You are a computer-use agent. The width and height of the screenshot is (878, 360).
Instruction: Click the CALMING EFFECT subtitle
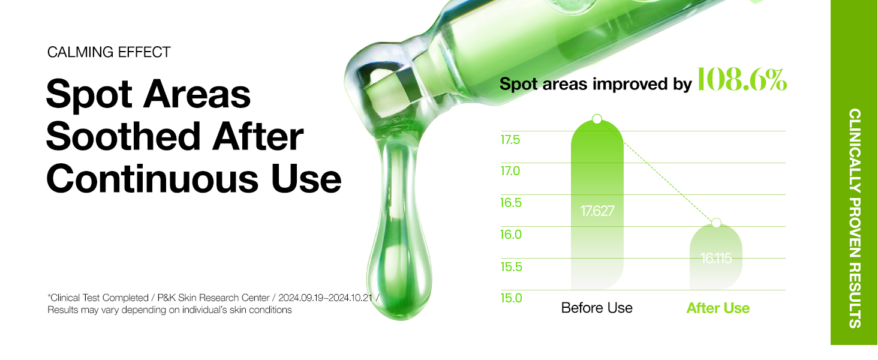click(109, 52)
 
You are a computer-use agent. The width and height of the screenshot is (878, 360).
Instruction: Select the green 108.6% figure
click(741, 80)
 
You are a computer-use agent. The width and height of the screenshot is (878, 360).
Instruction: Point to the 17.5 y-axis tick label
click(510, 140)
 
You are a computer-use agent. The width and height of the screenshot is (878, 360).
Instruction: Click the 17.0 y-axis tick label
click(510, 171)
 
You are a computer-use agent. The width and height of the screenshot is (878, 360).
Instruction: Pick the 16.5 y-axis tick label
click(511, 203)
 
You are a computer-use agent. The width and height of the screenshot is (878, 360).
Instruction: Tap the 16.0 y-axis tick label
click(511, 235)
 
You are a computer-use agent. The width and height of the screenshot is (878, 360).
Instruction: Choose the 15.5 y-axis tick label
click(512, 266)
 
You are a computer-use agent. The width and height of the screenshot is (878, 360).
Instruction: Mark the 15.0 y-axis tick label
click(512, 298)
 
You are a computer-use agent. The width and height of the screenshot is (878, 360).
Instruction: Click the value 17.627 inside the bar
click(597, 211)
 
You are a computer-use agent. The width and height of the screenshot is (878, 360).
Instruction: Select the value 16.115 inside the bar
click(716, 259)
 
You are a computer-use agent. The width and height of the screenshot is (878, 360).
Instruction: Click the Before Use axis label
click(597, 308)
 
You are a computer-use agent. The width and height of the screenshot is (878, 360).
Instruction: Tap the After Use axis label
click(718, 308)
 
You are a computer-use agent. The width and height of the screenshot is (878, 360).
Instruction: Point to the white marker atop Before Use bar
click(597, 119)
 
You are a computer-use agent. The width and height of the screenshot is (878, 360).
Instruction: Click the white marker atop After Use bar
click(716, 223)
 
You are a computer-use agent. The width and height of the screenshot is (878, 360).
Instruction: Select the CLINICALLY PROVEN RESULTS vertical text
click(855, 218)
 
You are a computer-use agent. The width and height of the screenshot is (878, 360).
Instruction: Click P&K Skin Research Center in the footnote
click(214, 298)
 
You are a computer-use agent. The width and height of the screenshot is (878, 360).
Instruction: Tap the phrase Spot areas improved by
click(596, 85)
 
